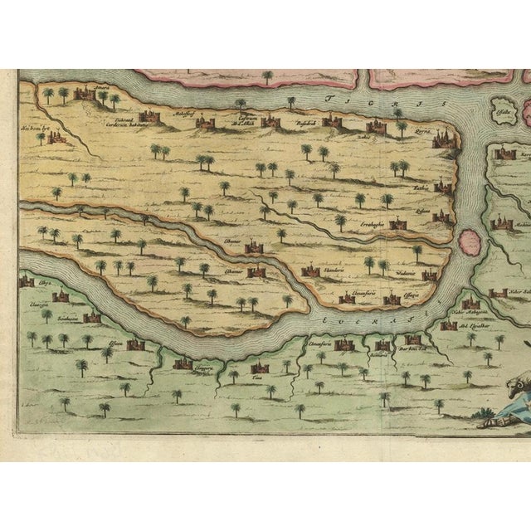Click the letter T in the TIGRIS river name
(x=327, y=98)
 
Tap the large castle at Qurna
(x=445, y=139)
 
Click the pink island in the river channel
(x=470, y=243)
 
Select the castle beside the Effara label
(x=136, y=344)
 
